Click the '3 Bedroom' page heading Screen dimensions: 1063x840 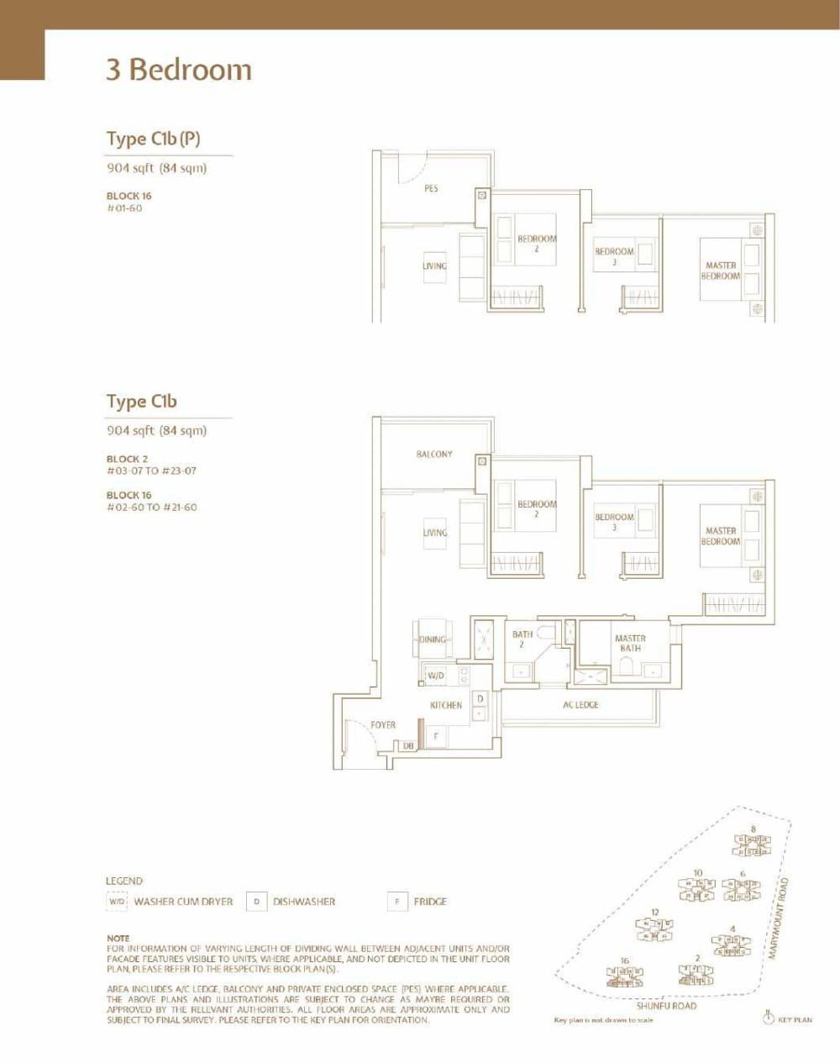pos(178,70)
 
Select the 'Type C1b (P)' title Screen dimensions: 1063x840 pos(153,139)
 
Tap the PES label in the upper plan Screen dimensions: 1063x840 pos(431,189)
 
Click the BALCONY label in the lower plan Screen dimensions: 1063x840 pos(434,455)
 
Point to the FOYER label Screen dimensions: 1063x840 pos(383,724)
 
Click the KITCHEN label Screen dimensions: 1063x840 pos(446,705)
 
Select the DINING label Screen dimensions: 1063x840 pos(433,639)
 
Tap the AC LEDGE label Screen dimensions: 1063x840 pos(580,705)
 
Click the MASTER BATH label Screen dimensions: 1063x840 pos(630,644)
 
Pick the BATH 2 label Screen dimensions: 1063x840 pos(522,639)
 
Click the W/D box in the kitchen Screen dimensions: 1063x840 pos(435,675)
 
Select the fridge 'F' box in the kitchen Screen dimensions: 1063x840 pos(436,736)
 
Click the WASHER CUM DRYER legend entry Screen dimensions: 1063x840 pos(183,902)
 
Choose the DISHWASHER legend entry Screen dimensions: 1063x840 pos(303,902)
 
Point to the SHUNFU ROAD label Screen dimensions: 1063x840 pos(666,1006)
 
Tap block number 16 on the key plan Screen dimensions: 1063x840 pos(624,960)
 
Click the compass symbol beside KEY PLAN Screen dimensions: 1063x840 pos(767,1018)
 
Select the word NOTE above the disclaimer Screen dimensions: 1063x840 pos(118,938)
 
